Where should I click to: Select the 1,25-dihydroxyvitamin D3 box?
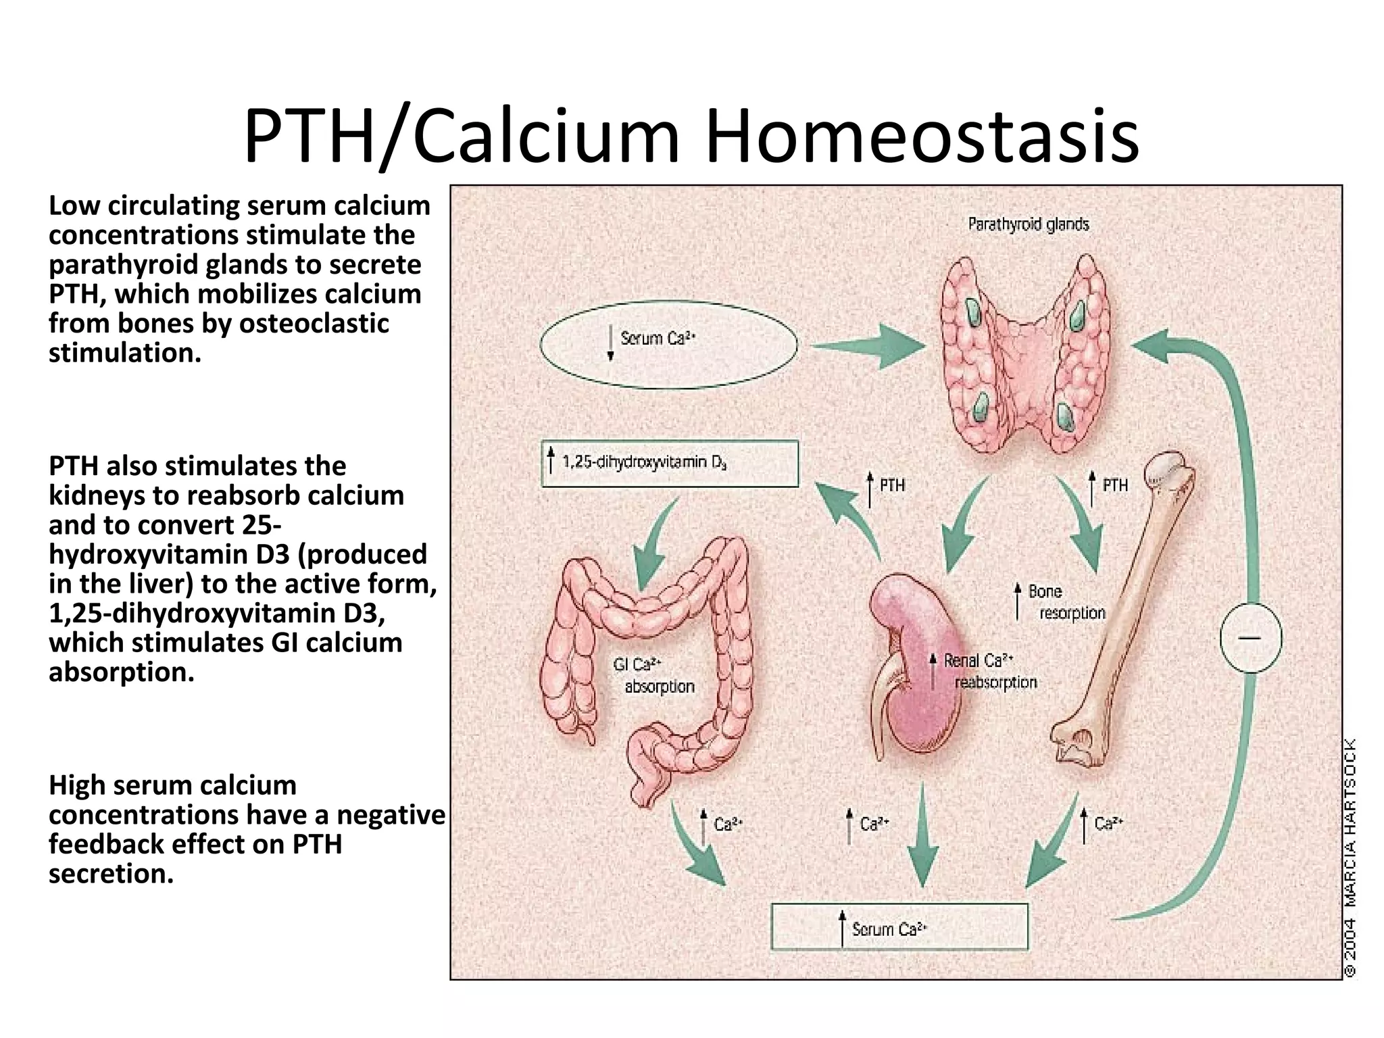click(670, 464)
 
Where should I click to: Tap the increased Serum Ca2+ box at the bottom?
click(899, 927)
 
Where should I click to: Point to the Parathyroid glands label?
click(1028, 224)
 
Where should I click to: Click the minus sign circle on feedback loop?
click(1251, 637)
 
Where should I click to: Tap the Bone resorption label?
click(1064, 602)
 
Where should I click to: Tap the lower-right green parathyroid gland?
click(1066, 417)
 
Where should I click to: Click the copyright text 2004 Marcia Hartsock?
click(1349, 858)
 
